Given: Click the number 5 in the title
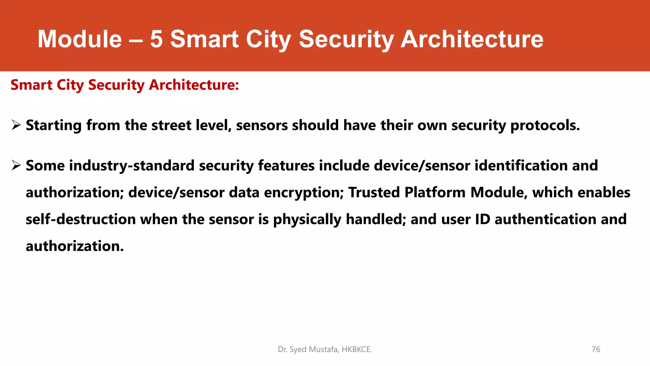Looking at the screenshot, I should pos(156,39).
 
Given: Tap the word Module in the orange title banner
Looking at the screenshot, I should pos(80,39).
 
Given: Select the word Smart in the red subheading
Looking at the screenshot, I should pos(31,85).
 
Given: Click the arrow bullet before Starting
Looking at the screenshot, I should pos(16,125).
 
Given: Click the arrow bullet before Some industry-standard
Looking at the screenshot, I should pos(16,165).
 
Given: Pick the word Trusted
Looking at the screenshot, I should pos(374,193).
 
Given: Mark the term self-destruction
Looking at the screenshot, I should pos(81,219).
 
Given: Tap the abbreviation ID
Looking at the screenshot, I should pos(482,219).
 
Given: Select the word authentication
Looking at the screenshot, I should pos(545,219).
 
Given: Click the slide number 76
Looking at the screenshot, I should pos(596,349).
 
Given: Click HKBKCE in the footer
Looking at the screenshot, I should pos(356,349).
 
